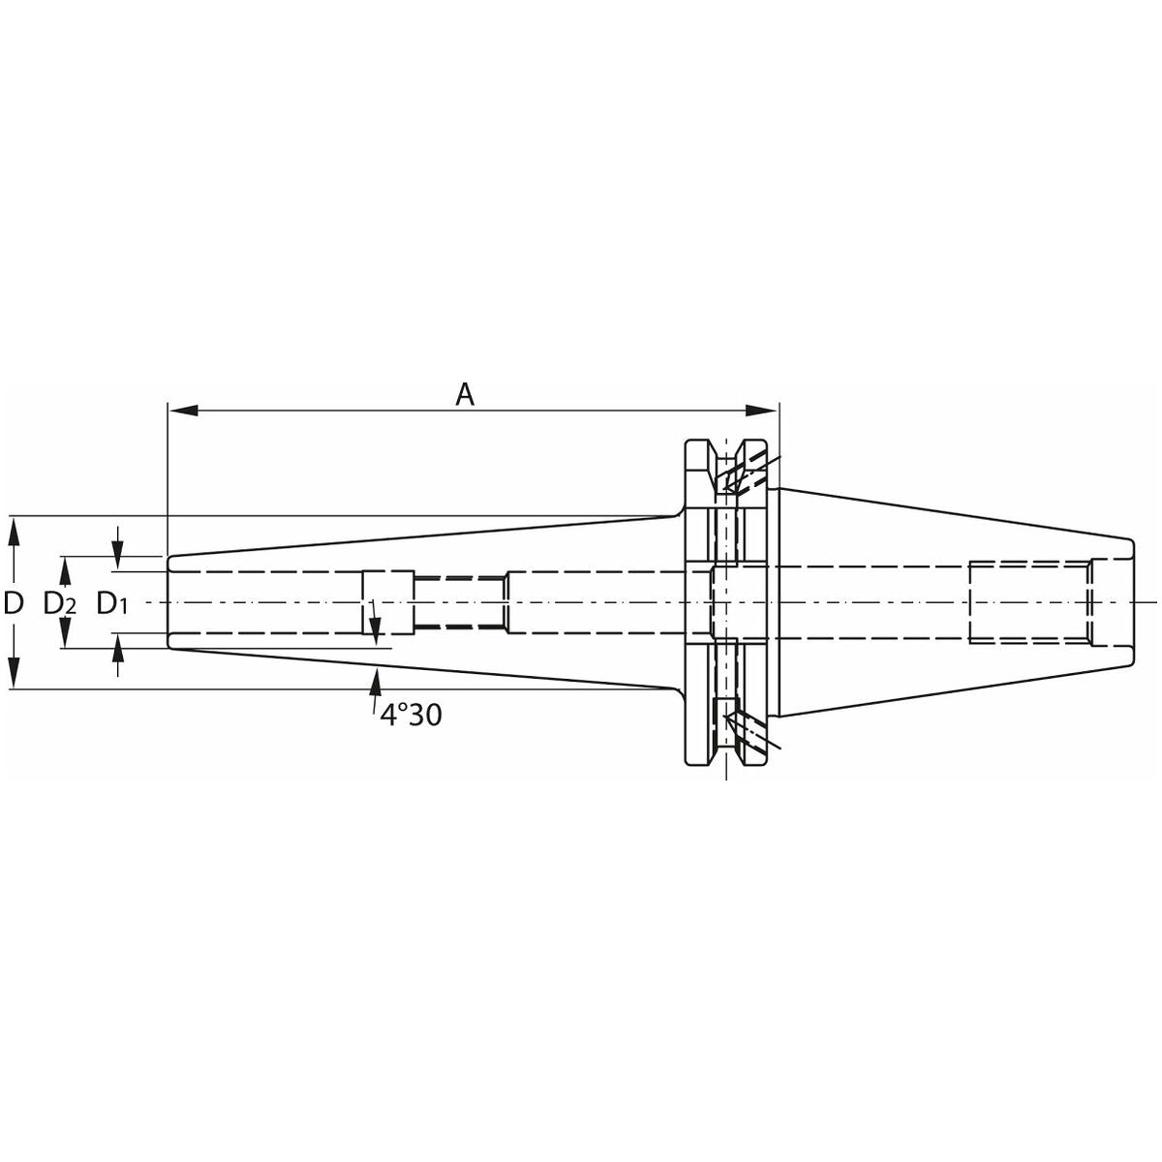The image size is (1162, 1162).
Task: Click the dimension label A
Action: pyautogui.click(x=465, y=395)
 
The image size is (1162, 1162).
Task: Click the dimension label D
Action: pyautogui.click(x=14, y=602)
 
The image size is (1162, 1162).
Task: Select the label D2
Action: pyautogui.click(x=60, y=603)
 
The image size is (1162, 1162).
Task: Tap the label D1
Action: pyautogui.click(x=112, y=603)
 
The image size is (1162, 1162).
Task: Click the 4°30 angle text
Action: pyautogui.click(x=411, y=716)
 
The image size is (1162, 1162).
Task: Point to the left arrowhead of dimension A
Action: pyautogui.click(x=183, y=411)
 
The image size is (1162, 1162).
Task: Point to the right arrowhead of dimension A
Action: pyautogui.click(x=761, y=411)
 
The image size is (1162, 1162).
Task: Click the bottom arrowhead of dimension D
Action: pyautogui.click(x=15, y=673)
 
